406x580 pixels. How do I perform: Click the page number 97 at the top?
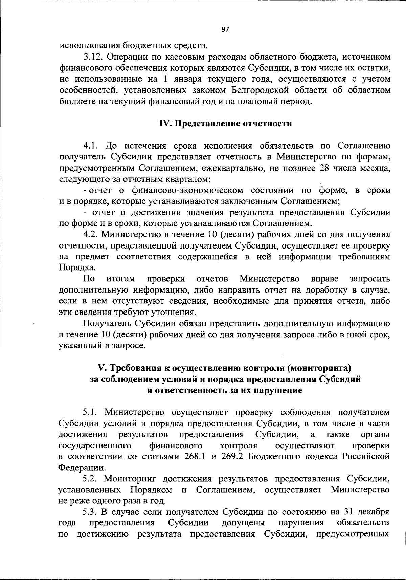click(225, 29)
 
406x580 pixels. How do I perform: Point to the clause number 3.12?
click(94, 57)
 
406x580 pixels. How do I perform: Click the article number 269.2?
click(232, 457)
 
